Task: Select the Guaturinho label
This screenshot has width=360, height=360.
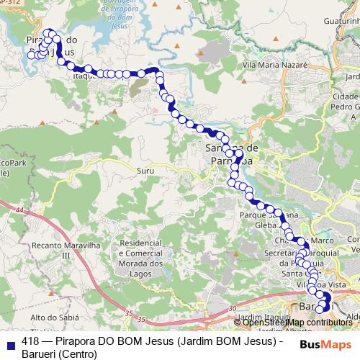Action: pos(333,24)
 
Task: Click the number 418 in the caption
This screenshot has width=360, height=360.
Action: pos(31,341)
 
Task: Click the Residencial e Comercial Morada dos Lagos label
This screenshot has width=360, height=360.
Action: pos(146,254)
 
